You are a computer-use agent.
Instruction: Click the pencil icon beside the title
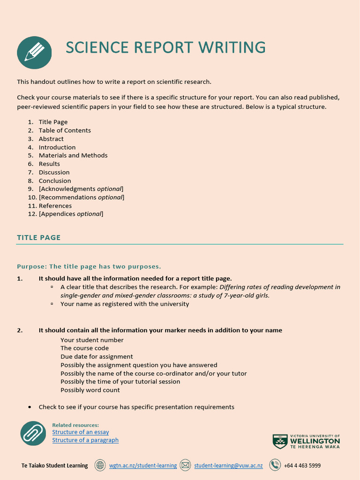click(x=34, y=52)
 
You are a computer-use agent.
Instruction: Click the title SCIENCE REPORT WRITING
click(x=165, y=47)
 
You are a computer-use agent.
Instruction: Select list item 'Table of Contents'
click(x=65, y=130)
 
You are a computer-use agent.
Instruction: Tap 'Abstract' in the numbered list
click(x=51, y=139)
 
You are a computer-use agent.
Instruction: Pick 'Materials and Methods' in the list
click(x=73, y=155)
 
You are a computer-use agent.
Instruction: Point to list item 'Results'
click(x=49, y=164)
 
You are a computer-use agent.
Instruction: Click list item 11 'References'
click(x=55, y=206)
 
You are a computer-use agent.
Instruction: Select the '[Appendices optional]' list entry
click(x=71, y=214)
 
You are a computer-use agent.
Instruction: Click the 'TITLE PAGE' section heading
click(x=39, y=238)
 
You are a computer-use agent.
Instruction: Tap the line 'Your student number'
click(x=92, y=340)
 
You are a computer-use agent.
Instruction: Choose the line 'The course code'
click(x=84, y=348)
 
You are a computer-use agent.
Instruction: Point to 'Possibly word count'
click(x=90, y=390)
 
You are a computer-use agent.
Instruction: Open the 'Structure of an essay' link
click(x=81, y=432)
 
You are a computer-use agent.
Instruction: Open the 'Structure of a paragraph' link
click(x=85, y=440)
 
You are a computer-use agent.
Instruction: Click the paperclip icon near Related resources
click(x=33, y=433)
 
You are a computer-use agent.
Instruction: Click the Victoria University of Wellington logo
click(x=307, y=441)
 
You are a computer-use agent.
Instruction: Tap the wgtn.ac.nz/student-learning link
click(x=143, y=465)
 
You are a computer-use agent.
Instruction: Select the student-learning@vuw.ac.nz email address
click(x=228, y=465)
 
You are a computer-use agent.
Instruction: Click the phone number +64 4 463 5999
click(x=302, y=465)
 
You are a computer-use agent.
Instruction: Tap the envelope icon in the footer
click(x=185, y=465)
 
